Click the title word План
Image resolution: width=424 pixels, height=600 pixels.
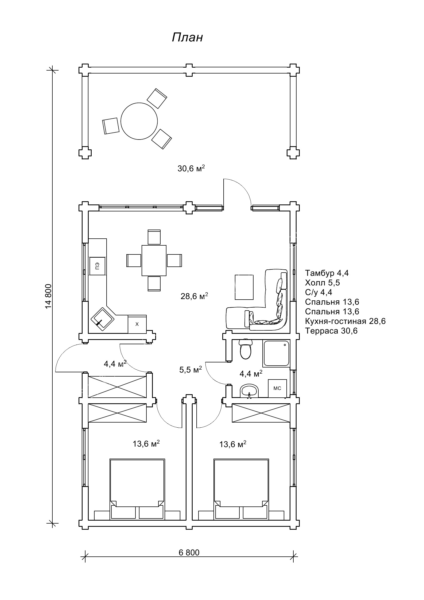tap(187, 37)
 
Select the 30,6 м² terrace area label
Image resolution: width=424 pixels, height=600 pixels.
tap(191, 168)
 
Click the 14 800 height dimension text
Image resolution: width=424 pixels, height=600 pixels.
tap(48, 296)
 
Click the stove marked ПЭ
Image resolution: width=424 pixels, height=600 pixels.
tap(97, 266)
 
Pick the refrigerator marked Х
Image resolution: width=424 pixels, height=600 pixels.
tap(137, 324)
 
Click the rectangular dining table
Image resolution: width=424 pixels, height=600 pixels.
tap(154, 260)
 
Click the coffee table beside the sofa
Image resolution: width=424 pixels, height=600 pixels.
tap(244, 287)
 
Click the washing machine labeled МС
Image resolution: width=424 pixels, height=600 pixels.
tap(277, 388)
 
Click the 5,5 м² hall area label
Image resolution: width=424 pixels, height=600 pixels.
tap(190, 370)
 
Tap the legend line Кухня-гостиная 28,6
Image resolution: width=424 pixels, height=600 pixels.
tap(345, 321)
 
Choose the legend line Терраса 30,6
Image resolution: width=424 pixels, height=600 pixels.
tap(331, 331)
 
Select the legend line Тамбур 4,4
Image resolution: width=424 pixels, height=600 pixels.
tap(327, 273)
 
